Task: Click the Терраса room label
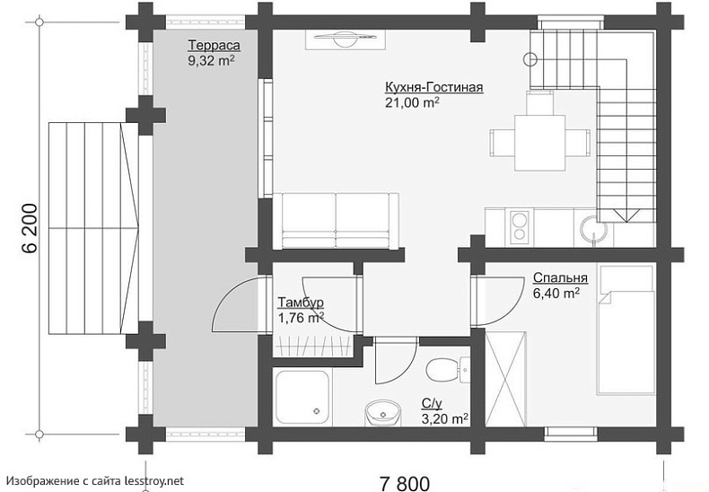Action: click(214, 46)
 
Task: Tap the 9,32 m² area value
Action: click(211, 61)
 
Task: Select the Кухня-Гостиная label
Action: click(434, 87)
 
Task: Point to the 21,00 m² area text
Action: click(412, 102)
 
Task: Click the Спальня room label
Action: click(560, 277)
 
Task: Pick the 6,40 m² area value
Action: click(556, 293)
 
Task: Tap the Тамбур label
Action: click(301, 303)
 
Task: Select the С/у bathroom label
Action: click(432, 404)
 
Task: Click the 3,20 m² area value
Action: click(444, 419)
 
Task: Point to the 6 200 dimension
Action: click(30, 228)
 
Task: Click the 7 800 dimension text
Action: click(405, 483)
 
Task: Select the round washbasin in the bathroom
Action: click(383, 413)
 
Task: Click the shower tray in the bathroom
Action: click(302, 398)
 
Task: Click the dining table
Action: click(540, 143)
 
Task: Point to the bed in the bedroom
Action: click(626, 329)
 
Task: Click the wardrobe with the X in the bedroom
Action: click(505, 379)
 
